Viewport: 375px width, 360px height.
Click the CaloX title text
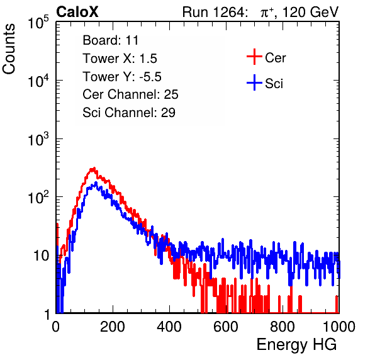[x=77, y=12]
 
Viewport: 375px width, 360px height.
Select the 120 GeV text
[x=311, y=12]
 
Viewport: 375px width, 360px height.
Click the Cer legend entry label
[x=275, y=58]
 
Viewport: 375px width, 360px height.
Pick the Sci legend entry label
[x=274, y=84]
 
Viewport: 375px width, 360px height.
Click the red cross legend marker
[x=254, y=57]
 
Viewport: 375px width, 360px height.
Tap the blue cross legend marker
[x=254, y=82]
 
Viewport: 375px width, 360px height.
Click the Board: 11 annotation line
[x=111, y=40]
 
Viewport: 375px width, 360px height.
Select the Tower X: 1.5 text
[x=120, y=59]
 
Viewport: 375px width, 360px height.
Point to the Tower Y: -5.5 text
[x=122, y=77]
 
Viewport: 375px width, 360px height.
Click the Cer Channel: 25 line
[x=130, y=94]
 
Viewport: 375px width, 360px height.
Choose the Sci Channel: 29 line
[x=129, y=113]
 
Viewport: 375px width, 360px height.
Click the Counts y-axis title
[x=9, y=49]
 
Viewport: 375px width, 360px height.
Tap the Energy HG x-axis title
[x=296, y=345]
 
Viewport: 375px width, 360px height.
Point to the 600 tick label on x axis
[x=226, y=327]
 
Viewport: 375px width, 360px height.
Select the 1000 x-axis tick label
[x=339, y=327]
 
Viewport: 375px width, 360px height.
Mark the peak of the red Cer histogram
[x=94, y=168]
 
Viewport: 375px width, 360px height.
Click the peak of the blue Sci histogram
[x=96, y=183]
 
